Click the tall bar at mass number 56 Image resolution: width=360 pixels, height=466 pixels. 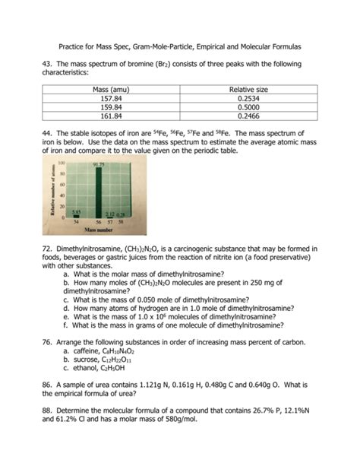click(97, 195)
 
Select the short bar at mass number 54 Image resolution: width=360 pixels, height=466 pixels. click(77, 217)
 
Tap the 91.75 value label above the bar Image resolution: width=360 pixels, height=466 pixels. click(98, 165)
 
